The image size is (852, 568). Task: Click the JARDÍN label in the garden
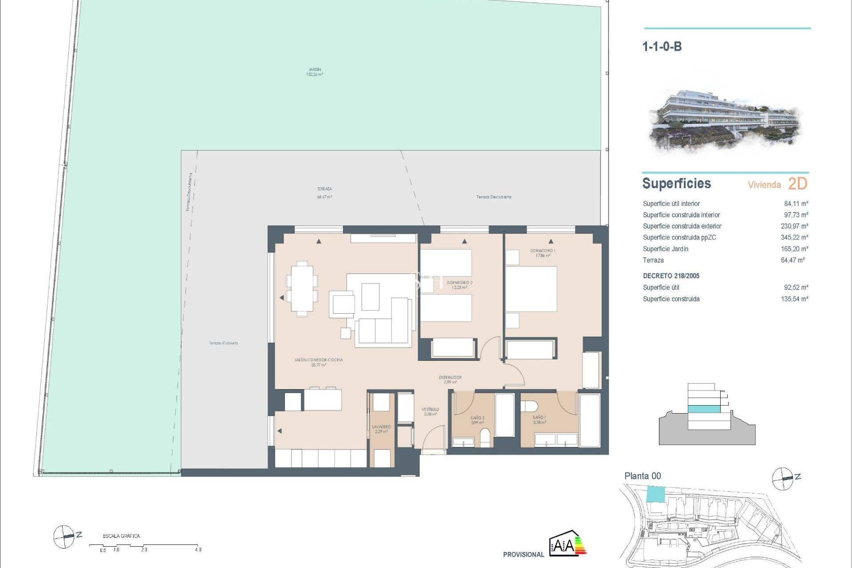(x=315, y=70)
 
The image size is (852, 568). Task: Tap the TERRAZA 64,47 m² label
(x=324, y=193)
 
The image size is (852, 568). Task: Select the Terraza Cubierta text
(x=223, y=343)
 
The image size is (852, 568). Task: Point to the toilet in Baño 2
(x=485, y=437)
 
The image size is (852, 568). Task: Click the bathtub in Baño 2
(x=504, y=415)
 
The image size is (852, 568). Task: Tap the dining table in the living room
(x=302, y=288)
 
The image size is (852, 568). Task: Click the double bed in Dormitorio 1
(x=531, y=288)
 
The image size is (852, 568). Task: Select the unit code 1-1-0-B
(x=662, y=47)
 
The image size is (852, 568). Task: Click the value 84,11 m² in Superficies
(x=796, y=204)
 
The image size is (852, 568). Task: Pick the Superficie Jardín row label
(x=665, y=249)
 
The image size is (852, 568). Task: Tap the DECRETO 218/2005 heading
(x=671, y=276)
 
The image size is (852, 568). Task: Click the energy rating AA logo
(x=568, y=543)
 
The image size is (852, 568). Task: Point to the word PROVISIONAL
(x=523, y=555)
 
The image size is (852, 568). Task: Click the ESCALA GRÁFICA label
(x=121, y=536)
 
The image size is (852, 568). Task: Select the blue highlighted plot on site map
(x=656, y=494)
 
